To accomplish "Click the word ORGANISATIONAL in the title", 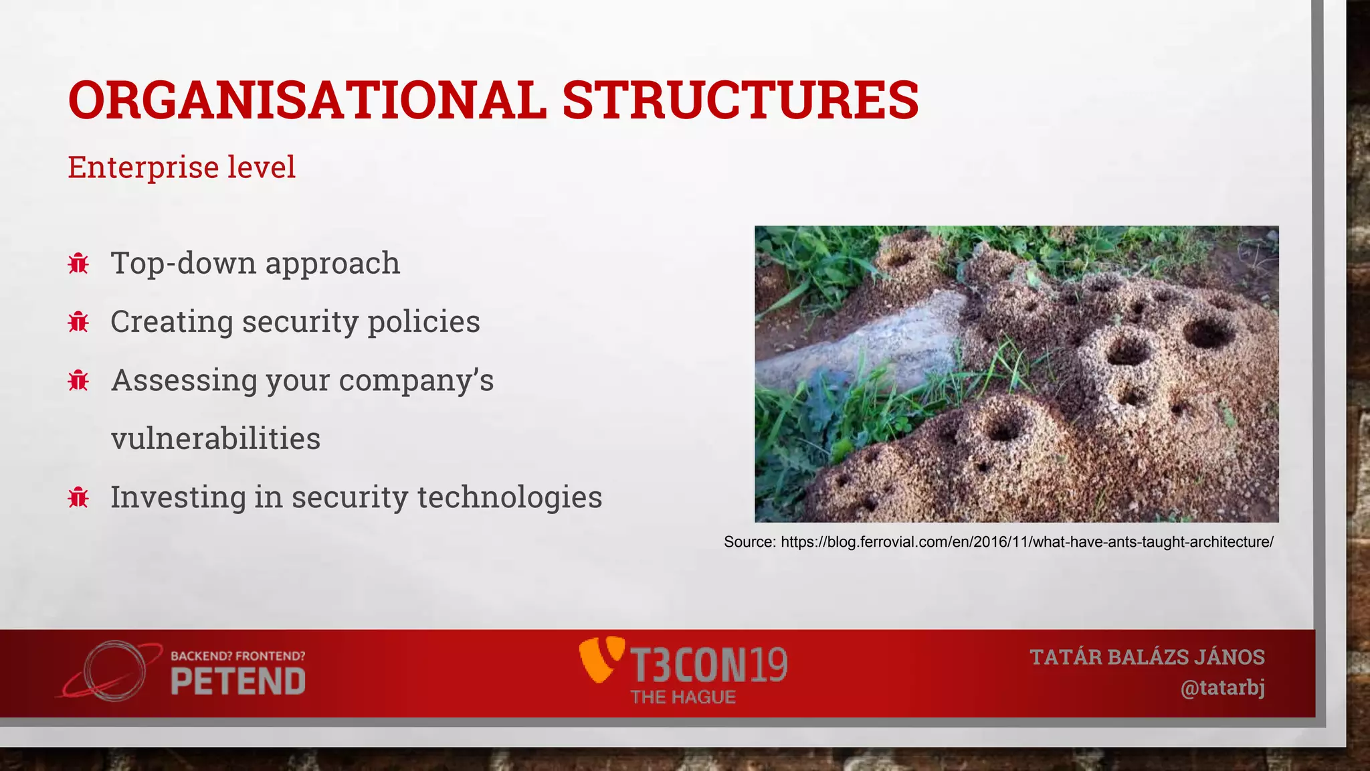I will click(x=307, y=100).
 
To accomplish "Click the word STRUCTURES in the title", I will click(x=741, y=100).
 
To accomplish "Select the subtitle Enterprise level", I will click(x=181, y=167).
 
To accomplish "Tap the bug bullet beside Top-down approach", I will click(x=78, y=264).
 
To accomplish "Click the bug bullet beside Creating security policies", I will click(x=78, y=322).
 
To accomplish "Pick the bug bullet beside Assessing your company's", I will click(x=78, y=380).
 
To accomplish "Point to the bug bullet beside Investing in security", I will click(x=78, y=497).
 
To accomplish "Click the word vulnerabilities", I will click(x=215, y=439).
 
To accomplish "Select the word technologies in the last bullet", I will click(x=510, y=497).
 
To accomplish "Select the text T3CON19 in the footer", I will click(x=709, y=665).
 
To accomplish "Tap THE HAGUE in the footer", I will click(x=683, y=697).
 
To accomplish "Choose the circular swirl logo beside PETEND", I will click(x=114, y=671).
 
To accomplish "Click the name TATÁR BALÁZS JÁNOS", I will click(x=1147, y=657).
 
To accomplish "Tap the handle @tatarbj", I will click(x=1222, y=688).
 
